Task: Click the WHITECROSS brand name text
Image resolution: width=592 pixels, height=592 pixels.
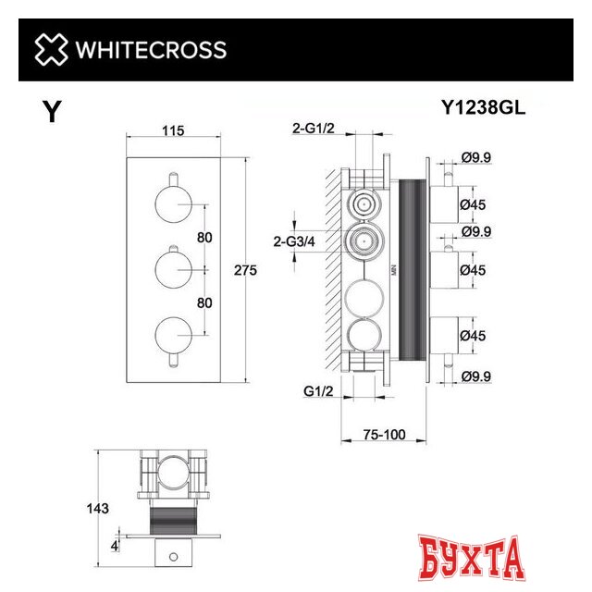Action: point(149,49)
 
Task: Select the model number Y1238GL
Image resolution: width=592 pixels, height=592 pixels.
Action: point(481,108)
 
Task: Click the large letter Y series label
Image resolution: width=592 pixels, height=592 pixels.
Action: point(53,113)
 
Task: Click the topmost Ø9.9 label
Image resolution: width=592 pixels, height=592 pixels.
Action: point(477,157)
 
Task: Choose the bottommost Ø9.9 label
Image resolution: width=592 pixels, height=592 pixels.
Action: point(477,376)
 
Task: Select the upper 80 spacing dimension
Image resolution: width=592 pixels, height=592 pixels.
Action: point(204,238)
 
